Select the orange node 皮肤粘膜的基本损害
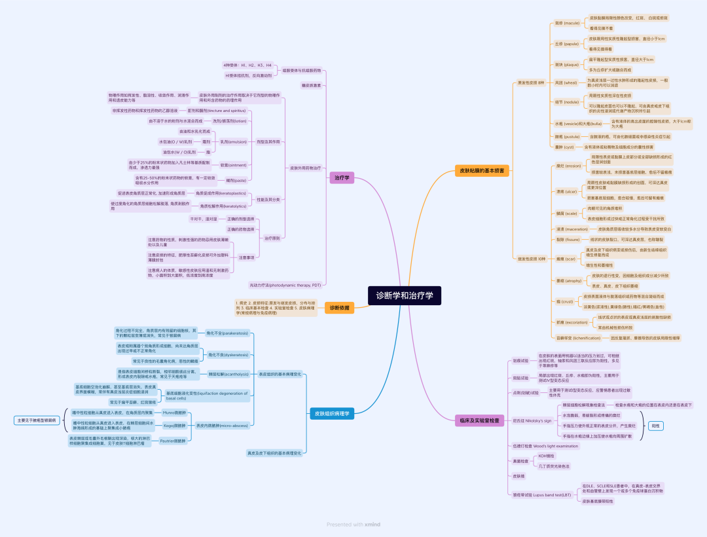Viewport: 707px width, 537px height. [480, 171]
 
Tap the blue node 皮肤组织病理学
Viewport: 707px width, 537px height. [332, 413]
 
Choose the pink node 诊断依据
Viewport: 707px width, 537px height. [339, 308]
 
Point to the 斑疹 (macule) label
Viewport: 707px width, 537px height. [568, 23]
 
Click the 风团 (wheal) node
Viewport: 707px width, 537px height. [566, 83]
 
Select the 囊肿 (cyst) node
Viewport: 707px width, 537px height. [564, 147]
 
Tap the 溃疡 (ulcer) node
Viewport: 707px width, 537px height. [566, 192]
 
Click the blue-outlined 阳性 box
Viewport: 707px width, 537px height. [655, 426]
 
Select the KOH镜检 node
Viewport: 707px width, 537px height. [546, 456]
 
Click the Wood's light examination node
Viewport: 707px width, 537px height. [545, 446]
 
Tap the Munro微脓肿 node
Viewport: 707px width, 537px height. [174, 413]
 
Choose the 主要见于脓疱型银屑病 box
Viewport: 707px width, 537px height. [37, 420]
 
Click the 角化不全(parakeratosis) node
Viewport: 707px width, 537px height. [227, 333]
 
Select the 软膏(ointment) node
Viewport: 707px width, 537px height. [233, 165]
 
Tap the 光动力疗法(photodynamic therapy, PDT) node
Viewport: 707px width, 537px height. [285, 285]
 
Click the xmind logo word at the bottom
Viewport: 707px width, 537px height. [372, 525]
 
